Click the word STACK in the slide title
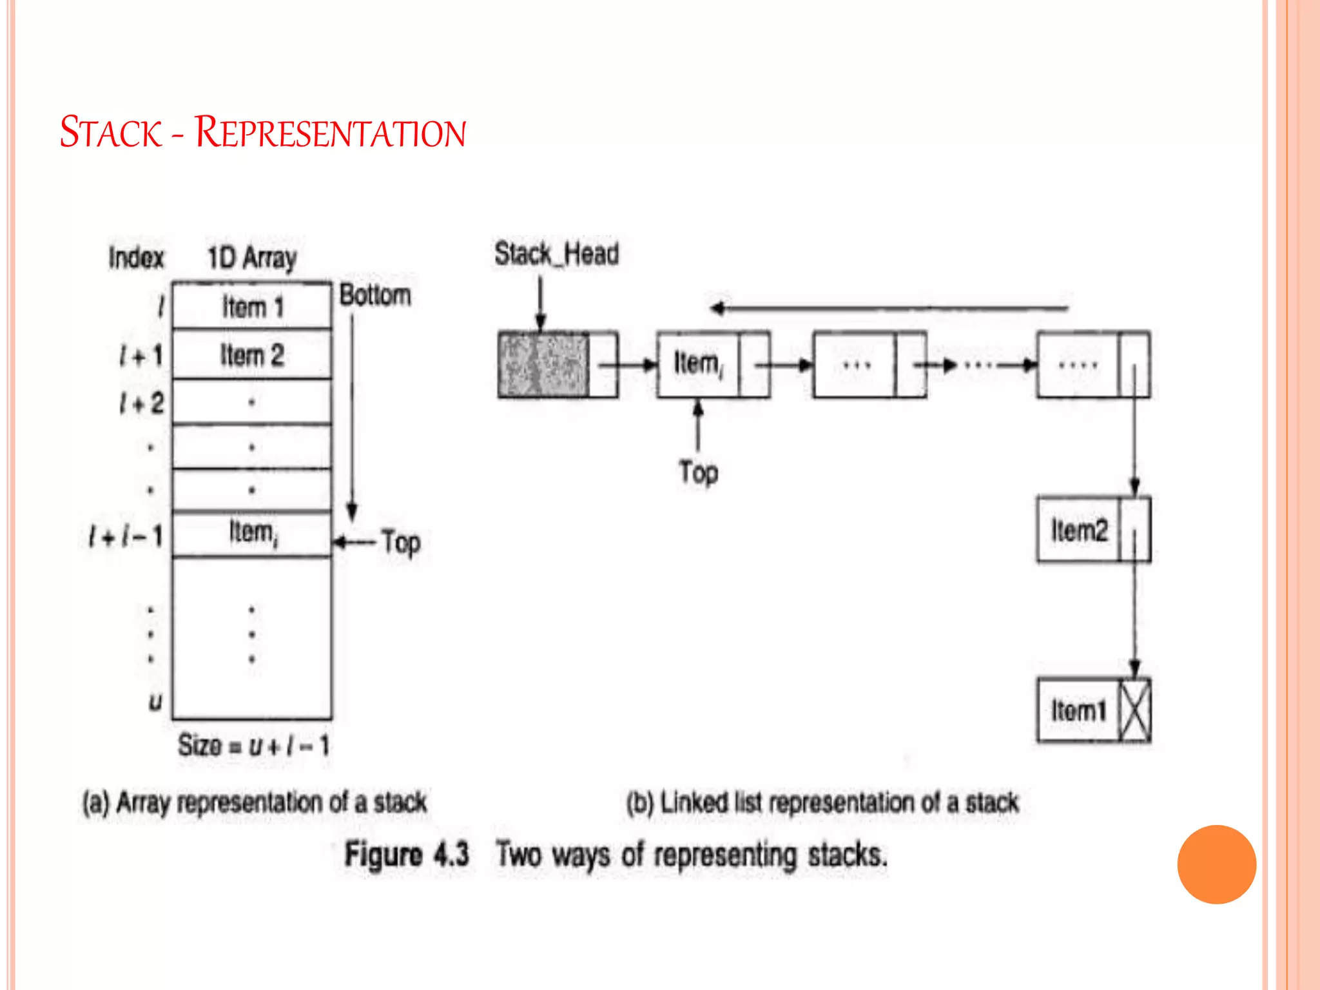[x=110, y=133]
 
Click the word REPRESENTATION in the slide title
[x=330, y=133]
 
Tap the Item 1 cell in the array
[x=252, y=307]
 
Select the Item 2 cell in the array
[x=252, y=355]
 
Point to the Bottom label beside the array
[x=375, y=295]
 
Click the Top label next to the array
[x=401, y=542]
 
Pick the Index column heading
[x=136, y=258]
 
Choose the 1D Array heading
[x=252, y=258]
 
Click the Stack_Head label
[x=556, y=254]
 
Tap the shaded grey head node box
[x=543, y=364]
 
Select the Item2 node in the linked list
[x=1079, y=530]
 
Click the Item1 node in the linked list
[x=1079, y=710]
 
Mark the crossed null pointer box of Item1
[x=1135, y=710]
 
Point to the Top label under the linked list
[x=698, y=472]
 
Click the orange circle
[x=1216, y=864]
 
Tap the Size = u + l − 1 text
[x=253, y=746]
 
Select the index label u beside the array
[x=155, y=701]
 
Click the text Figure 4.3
[x=407, y=855]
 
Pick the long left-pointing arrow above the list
[x=889, y=308]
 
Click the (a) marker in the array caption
[x=95, y=803]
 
